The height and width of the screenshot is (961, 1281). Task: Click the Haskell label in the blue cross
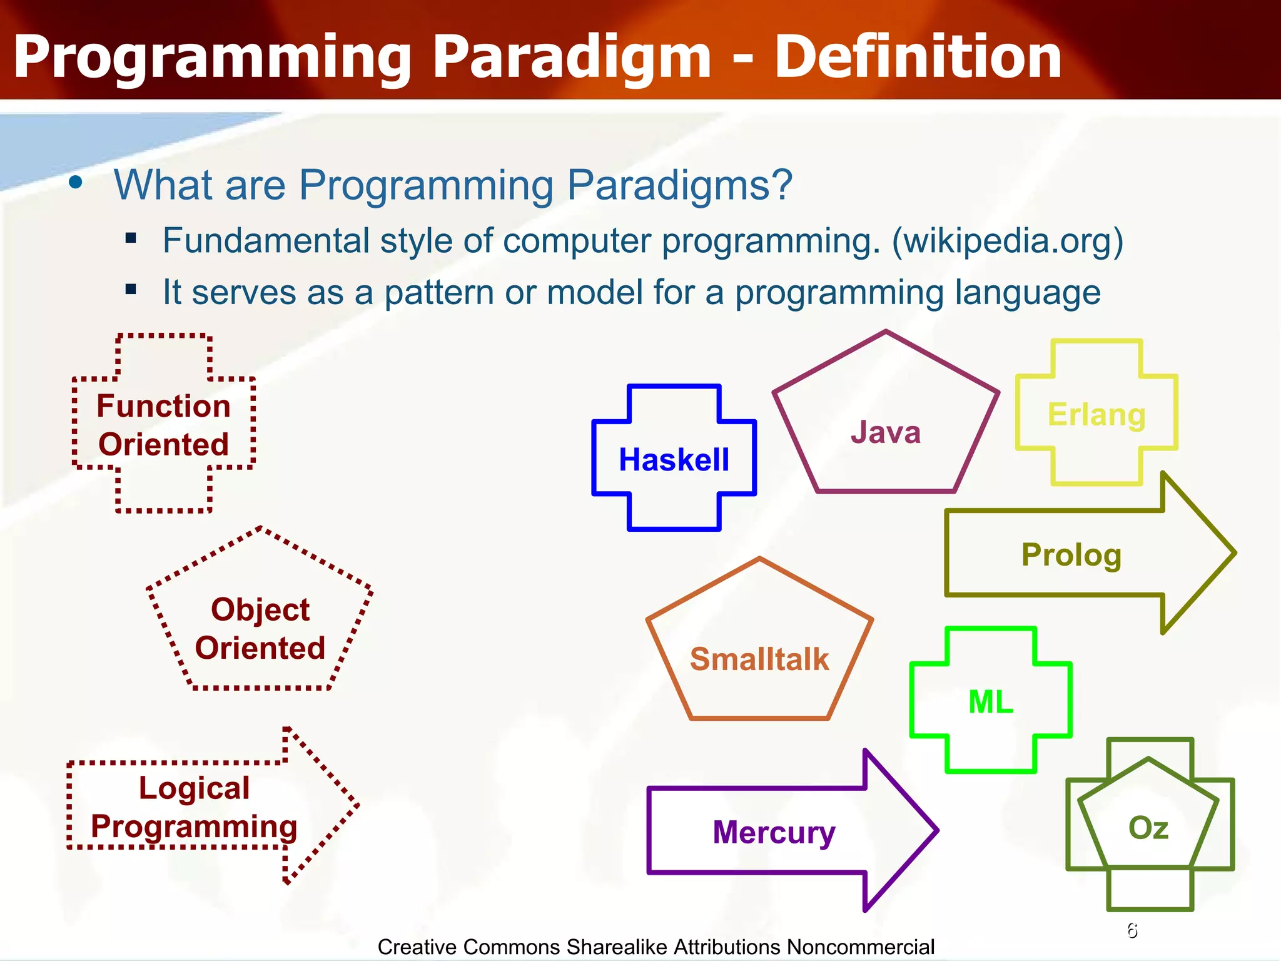pos(674,460)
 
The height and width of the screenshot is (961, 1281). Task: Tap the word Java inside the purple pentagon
pos(886,432)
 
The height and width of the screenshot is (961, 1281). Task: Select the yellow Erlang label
pos(1096,415)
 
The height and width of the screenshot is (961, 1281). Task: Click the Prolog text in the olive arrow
pos(1071,555)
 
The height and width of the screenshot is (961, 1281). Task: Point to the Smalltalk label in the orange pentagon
pos(759,659)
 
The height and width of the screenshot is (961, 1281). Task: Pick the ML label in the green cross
pos(991,701)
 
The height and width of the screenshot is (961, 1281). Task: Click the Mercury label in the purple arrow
pos(774,833)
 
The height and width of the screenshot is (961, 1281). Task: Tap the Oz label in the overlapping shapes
pos(1148,828)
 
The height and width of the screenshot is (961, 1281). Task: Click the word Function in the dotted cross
pos(163,406)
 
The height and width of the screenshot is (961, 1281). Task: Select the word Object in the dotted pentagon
pos(260,609)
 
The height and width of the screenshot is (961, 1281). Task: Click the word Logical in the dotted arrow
pos(194,788)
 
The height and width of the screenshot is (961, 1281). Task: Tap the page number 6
pos(1132,930)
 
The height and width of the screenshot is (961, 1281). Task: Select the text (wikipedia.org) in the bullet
pos(1007,241)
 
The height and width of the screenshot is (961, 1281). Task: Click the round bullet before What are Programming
pos(76,183)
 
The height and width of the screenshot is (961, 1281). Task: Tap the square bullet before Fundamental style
pos(131,238)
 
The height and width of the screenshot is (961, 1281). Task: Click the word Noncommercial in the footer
pos(860,947)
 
